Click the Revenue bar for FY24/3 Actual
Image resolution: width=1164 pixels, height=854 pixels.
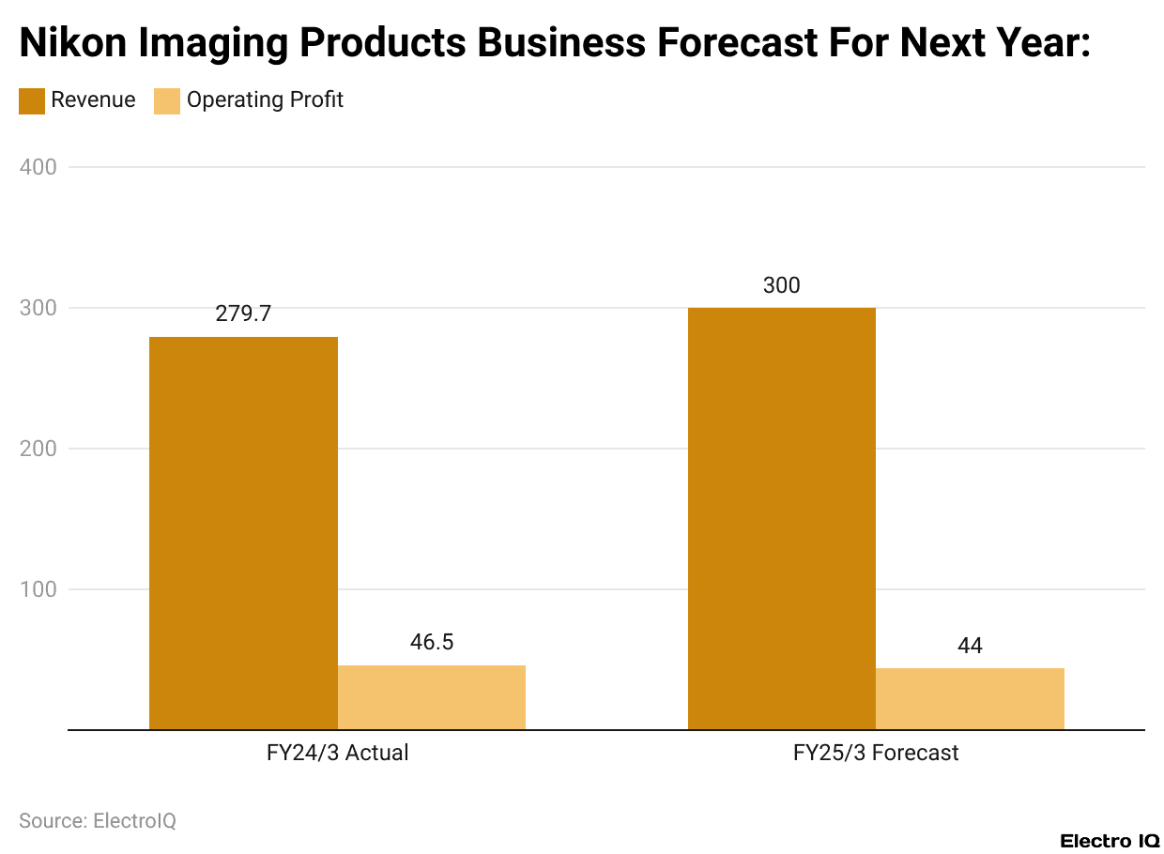[x=243, y=533]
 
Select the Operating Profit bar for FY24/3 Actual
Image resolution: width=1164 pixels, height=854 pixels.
[x=432, y=697]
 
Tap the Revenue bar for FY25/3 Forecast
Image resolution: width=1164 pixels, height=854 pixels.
[x=781, y=518]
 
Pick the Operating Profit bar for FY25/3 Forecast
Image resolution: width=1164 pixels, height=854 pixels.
[x=970, y=698]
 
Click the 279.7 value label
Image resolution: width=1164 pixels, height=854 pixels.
[x=243, y=314]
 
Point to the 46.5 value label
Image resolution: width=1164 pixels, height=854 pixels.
[x=432, y=642]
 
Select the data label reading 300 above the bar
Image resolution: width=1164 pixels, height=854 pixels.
[x=781, y=285]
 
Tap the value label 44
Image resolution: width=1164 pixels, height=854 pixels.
[x=970, y=646]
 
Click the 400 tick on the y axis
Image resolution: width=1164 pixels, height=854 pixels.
[x=38, y=167]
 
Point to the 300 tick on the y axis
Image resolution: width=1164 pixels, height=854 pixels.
[x=38, y=308]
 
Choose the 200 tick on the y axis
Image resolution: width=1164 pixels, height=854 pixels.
[x=38, y=449]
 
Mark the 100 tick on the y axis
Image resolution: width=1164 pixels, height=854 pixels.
[x=38, y=589]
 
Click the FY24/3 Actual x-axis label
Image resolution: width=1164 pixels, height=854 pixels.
[x=337, y=753]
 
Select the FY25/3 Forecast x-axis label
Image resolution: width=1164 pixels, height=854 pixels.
[x=876, y=753]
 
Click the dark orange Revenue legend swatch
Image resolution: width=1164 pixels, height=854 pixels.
[x=32, y=100]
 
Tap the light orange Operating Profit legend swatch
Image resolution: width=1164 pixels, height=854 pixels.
[x=167, y=100]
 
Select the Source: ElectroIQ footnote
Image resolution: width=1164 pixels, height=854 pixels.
[x=98, y=820]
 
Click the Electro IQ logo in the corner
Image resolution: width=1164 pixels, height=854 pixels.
[x=1110, y=840]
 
